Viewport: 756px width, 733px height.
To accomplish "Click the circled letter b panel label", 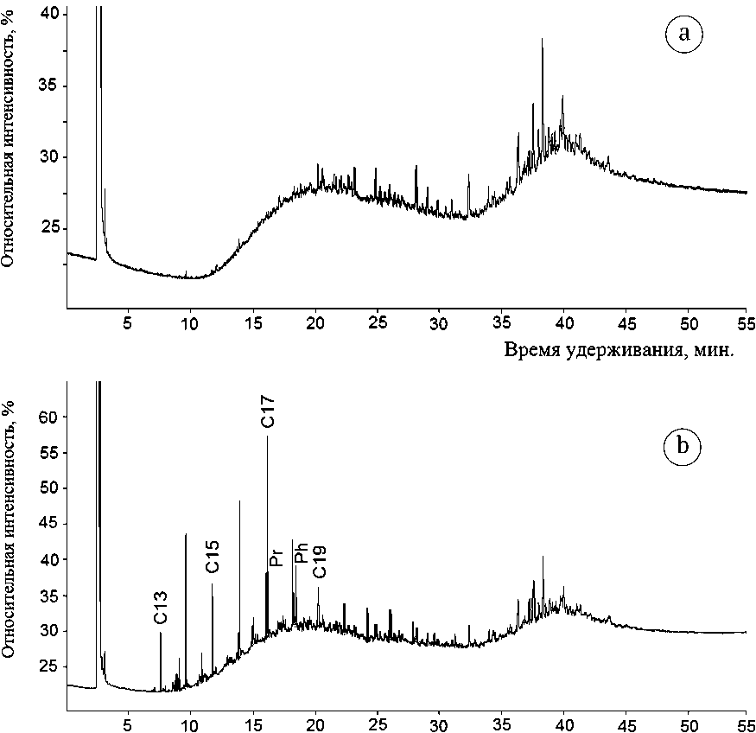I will pos(683,446).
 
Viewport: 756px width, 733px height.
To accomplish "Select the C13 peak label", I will pos(161,607).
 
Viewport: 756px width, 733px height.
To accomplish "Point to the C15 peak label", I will pos(213,557).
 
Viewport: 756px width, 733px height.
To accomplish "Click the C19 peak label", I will pos(320,562).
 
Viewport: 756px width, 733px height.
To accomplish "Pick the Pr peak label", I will pos(276,557).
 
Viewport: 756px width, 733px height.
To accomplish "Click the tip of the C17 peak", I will pos(268,437).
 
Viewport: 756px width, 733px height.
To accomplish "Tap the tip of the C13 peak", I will pos(161,634).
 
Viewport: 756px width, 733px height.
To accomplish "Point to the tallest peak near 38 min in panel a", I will pos(543,39).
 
